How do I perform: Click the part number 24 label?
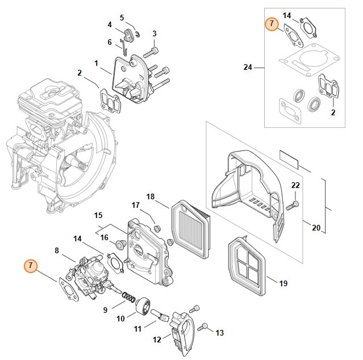247,67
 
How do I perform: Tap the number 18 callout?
151,196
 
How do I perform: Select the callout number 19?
284,282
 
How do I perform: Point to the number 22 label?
295,186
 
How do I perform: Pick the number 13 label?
220,332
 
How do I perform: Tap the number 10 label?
120,319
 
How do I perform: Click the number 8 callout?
57,250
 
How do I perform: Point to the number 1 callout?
97,62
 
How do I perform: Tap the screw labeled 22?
294,204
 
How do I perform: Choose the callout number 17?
136,205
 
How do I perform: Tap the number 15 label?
98,216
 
